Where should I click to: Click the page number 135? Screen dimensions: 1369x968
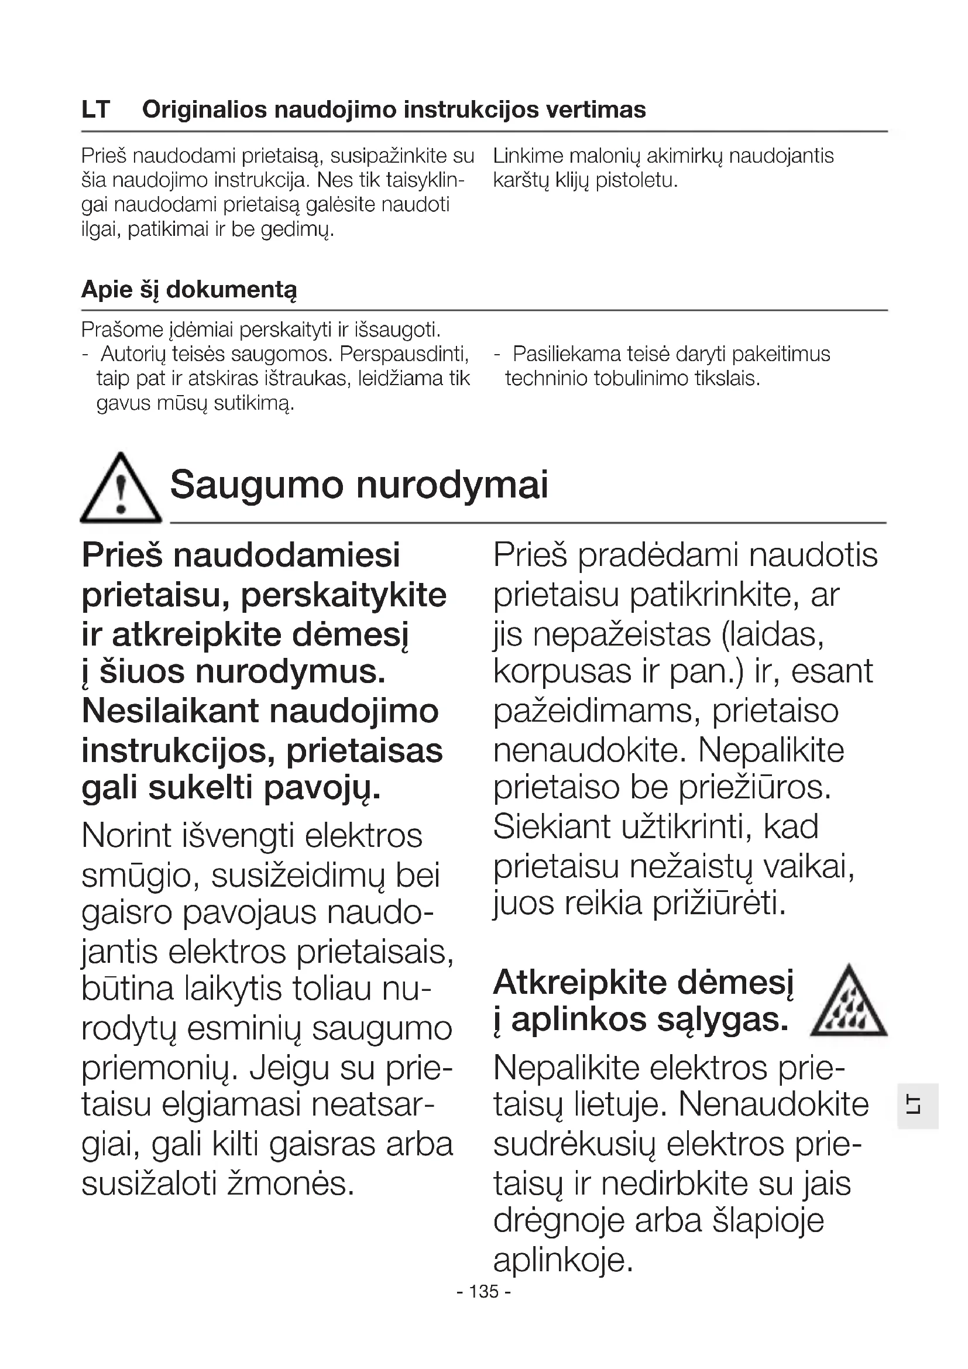point(484,1292)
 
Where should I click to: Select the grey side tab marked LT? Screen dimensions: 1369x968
point(918,1106)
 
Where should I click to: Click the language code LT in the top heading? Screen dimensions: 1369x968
point(96,110)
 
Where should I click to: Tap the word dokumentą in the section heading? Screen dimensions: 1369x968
point(231,290)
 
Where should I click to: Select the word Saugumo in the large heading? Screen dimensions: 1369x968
point(257,485)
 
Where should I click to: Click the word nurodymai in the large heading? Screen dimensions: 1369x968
point(452,485)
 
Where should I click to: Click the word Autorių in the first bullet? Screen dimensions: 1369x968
point(133,354)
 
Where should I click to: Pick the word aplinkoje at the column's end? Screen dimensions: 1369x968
point(562,1260)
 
